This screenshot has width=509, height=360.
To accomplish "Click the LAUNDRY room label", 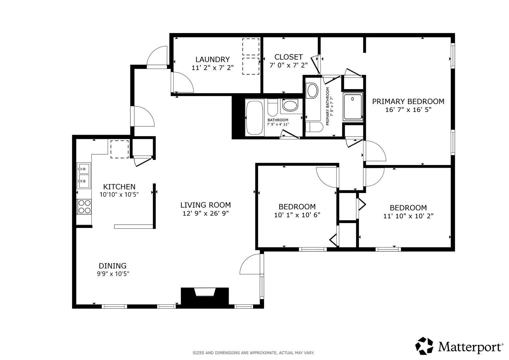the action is pyautogui.click(x=212, y=59).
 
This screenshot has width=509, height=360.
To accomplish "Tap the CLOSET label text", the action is pyautogui.click(x=288, y=57).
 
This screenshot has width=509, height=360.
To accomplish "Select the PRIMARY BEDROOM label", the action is pyautogui.click(x=408, y=101).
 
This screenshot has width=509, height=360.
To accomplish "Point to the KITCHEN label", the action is pyautogui.click(x=119, y=187).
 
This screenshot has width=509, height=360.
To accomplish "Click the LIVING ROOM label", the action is pyautogui.click(x=205, y=205).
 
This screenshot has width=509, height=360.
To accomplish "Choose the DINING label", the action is pyautogui.click(x=112, y=266).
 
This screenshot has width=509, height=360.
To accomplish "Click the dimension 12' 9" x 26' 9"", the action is pyautogui.click(x=205, y=213).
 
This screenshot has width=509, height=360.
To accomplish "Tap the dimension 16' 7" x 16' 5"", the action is pyautogui.click(x=408, y=110).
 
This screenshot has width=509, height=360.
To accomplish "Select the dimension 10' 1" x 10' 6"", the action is pyautogui.click(x=297, y=215).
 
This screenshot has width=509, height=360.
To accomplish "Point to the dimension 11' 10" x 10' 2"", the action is pyautogui.click(x=408, y=216).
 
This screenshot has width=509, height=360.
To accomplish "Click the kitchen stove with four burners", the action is pyautogui.click(x=84, y=207).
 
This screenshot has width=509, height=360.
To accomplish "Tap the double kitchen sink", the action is pyautogui.click(x=84, y=175).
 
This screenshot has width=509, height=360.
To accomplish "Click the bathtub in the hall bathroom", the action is pyautogui.click(x=255, y=118).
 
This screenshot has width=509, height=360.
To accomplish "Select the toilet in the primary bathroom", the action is pyautogui.click(x=314, y=127).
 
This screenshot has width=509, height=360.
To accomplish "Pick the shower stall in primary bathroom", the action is pyautogui.click(x=353, y=107).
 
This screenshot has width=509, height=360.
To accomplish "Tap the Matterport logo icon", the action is pyautogui.click(x=424, y=346).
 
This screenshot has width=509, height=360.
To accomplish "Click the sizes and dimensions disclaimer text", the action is pyautogui.click(x=253, y=353).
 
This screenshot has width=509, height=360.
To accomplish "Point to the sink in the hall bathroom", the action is pyautogui.click(x=290, y=105).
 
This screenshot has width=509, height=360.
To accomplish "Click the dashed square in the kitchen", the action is pyautogui.click(x=120, y=149).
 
